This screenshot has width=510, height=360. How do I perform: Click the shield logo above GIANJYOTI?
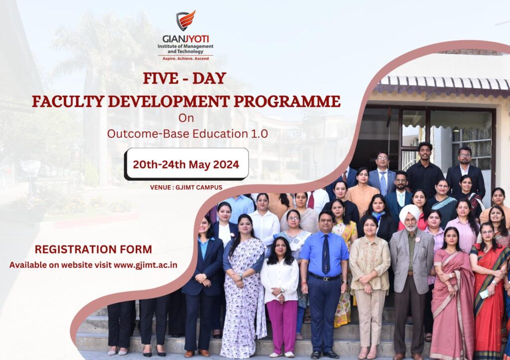click(x=185, y=20)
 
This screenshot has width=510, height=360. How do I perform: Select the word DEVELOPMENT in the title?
click(x=169, y=102)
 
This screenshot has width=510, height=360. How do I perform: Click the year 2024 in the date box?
click(x=226, y=164)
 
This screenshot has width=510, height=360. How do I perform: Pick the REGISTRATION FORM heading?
click(x=93, y=249)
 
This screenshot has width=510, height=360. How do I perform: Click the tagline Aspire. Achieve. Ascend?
click(x=185, y=59)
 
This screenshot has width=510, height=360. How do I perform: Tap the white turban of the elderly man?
click(x=409, y=212)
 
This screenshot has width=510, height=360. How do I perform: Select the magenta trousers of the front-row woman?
click(x=282, y=326)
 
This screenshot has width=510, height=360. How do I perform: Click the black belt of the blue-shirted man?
click(x=324, y=277)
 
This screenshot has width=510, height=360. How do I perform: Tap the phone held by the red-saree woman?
click(x=484, y=294)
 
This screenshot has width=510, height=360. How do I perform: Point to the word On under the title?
click(x=186, y=118)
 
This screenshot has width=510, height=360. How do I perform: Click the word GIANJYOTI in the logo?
click(x=186, y=39)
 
